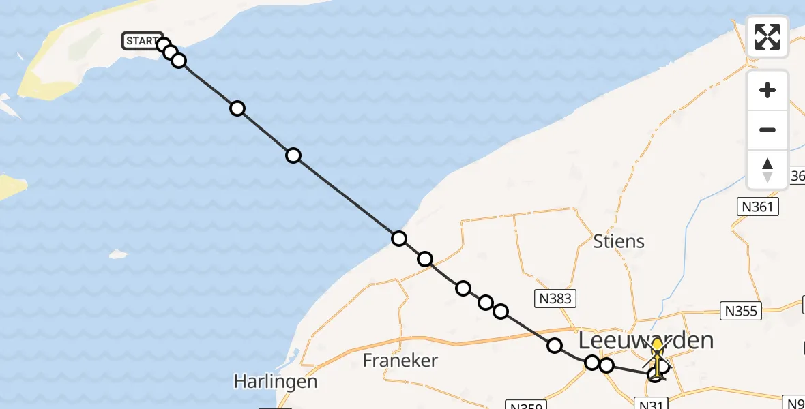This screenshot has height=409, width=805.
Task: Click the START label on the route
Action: (142, 41)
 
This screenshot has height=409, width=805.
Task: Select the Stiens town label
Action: (619, 241)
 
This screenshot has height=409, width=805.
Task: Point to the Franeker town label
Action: (400, 360)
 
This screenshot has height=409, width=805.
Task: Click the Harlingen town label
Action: (276, 381)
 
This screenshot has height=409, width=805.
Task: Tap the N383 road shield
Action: (553, 298)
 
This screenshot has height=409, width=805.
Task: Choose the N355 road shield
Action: (742, 311)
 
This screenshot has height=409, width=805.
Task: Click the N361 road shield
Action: (757, 207)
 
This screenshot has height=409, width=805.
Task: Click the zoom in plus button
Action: (767, 91)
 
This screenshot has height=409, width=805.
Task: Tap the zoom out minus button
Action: (767, 130)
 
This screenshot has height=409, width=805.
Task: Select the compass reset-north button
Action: (767, 169)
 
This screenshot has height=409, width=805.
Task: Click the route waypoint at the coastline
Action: (399, 239)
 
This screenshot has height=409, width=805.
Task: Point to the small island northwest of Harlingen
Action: (119, 255)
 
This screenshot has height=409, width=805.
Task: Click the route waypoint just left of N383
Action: (501, 312)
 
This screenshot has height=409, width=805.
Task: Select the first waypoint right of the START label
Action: (163, 46)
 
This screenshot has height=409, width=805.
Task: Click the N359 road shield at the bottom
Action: (525, 406)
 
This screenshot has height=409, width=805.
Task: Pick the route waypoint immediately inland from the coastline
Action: (425, 259)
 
